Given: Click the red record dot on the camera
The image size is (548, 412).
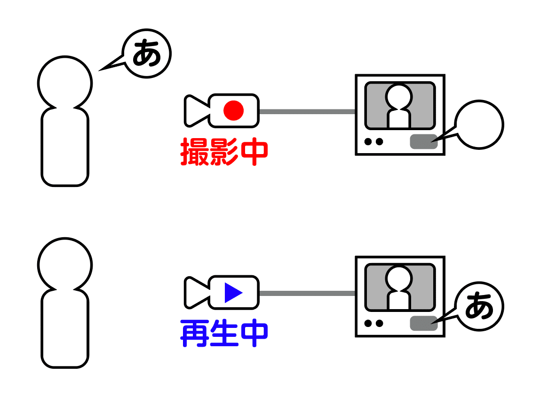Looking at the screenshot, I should click(x=233, y=111).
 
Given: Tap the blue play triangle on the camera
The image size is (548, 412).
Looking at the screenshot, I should click(x=233, y=293).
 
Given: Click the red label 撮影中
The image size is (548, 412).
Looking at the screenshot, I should click(x=224, y=152).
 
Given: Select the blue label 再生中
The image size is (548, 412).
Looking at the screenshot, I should click(x=224, y=333).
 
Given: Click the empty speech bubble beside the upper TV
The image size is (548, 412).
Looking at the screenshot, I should click(x=479, y=124).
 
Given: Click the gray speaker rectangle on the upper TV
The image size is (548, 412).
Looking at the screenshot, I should click(x=423, y=141).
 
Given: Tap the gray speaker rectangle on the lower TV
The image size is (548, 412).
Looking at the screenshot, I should click(x=423, y=323).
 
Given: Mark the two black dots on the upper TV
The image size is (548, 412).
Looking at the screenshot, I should click(x=373, y=141).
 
